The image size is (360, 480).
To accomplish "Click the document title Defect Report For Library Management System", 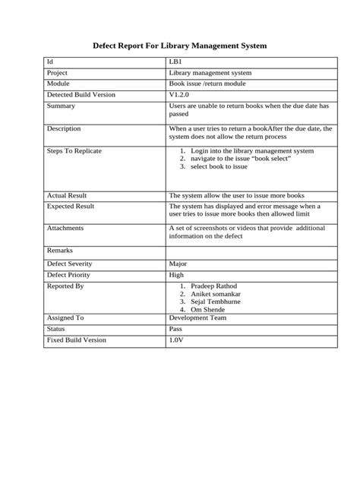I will [x=180, y=46].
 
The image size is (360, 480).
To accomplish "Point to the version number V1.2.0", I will [x=181, y=95].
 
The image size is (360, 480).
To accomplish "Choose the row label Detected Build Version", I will [x=81, y=95].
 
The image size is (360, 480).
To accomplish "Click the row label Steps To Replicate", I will [x=74, y=151].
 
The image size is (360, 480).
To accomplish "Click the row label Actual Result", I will [x=67, y=195].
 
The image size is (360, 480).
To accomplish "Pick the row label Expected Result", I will [x=71, y=206].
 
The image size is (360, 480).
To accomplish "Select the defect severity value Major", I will [x=178, y=264].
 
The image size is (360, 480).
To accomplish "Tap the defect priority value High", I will [x=176, y=275].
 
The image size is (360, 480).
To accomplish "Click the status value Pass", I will [x=175, y=330].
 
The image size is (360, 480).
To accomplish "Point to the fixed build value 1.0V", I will [x=177, y=340].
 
